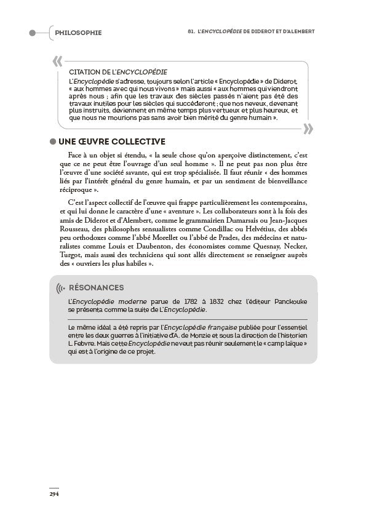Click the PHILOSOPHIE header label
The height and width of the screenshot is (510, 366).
coord(78,33)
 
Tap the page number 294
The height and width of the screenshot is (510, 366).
coord(54,493)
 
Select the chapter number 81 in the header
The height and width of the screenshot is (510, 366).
coord(191,32)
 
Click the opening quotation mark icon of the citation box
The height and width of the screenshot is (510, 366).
coord(58,61)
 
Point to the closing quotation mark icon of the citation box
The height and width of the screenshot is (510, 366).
coord(308,128)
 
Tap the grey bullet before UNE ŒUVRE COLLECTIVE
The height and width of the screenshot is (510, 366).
coord(53,142)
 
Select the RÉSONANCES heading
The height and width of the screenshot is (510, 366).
coord(97,287)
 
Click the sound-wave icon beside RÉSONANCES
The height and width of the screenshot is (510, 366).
coord(60,288)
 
